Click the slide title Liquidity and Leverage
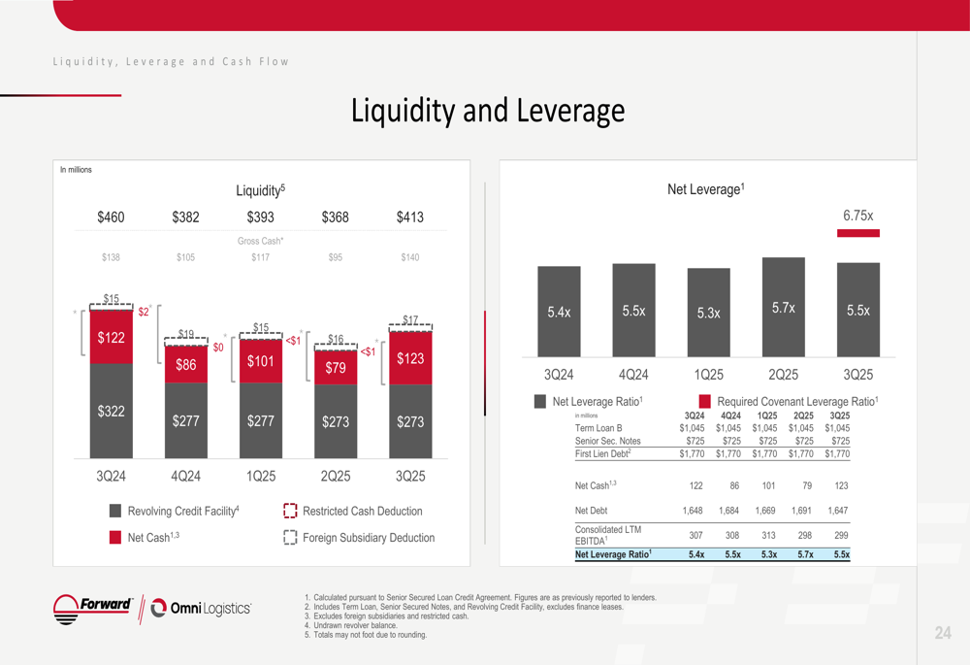[487, 111]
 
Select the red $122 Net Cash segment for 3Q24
[112, 337]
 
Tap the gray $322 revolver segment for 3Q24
[112, 411]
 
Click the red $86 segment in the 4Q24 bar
[186, 365]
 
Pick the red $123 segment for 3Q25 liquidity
[410, 358]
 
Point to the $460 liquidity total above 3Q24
[111, 217]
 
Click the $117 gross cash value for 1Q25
[260, 257]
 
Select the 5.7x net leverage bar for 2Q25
[784, 307]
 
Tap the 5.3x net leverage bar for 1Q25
[709, 313]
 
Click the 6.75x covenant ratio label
[857, 216]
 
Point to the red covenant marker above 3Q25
[857, 233]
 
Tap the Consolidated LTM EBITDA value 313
[768, 535]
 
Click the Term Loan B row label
[598, 428]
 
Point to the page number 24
[943, 633]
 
